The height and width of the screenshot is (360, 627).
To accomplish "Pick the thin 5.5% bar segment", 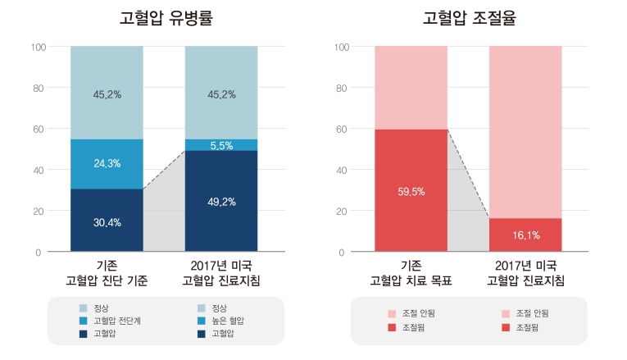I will tap(221, 145).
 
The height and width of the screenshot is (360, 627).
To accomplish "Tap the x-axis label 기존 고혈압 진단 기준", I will tap(107, 274).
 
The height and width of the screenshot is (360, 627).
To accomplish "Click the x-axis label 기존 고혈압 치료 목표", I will tap(411, 274).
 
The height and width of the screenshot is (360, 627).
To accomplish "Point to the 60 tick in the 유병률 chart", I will tap(38, 129).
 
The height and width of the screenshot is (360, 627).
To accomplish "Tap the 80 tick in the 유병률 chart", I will tap(38, 88).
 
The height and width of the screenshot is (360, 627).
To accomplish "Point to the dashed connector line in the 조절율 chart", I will tap(468, 174).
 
